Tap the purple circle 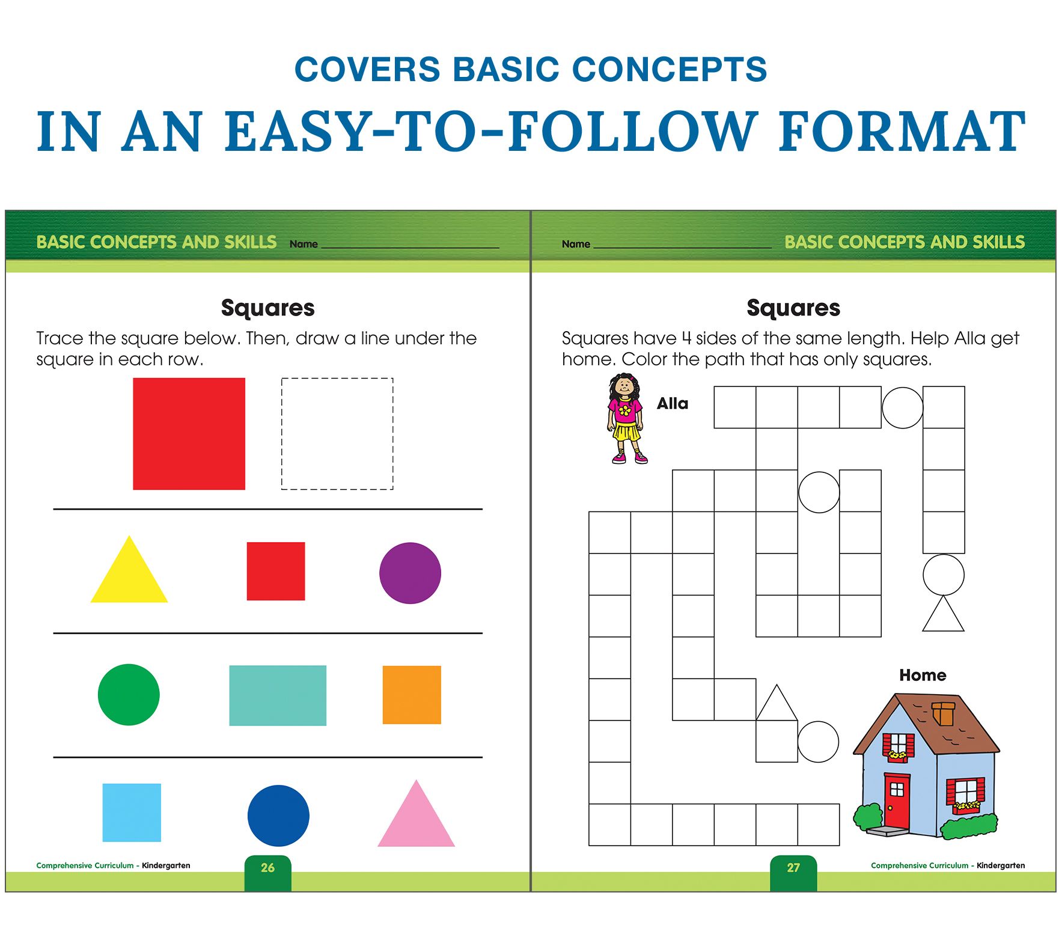[410, 573]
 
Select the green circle [129, 695]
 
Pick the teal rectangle [278, 695]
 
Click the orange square [412, 695]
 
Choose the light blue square [132, 813]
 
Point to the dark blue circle [278, 816]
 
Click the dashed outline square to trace [337, 378]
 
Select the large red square [189, 433]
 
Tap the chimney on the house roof [943, 713]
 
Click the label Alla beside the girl [673, 403]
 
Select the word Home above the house [923, 675]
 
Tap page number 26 [267, 867]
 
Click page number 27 [793, 867]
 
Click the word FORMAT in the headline [902, 132]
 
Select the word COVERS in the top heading [367, 69]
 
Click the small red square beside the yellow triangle [276, 571]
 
